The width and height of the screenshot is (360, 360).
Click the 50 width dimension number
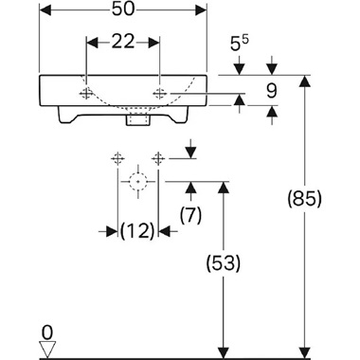(x=123, y=9)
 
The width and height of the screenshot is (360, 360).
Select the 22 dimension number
(x=123, y=42)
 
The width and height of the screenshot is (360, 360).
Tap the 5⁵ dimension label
(x=240, y=44)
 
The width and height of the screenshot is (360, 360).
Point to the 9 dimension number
(x=271, y=91)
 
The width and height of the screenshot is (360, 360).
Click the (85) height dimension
(x=304, y=199)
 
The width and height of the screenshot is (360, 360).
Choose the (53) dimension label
(x=224, y=263)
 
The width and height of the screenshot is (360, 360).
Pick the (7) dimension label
(x=190, y=216)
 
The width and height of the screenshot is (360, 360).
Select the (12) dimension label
(x=137, y=230)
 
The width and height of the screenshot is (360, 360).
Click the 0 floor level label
(x=47, y=333)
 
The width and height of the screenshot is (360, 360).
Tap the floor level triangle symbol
(x=47, y=349)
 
